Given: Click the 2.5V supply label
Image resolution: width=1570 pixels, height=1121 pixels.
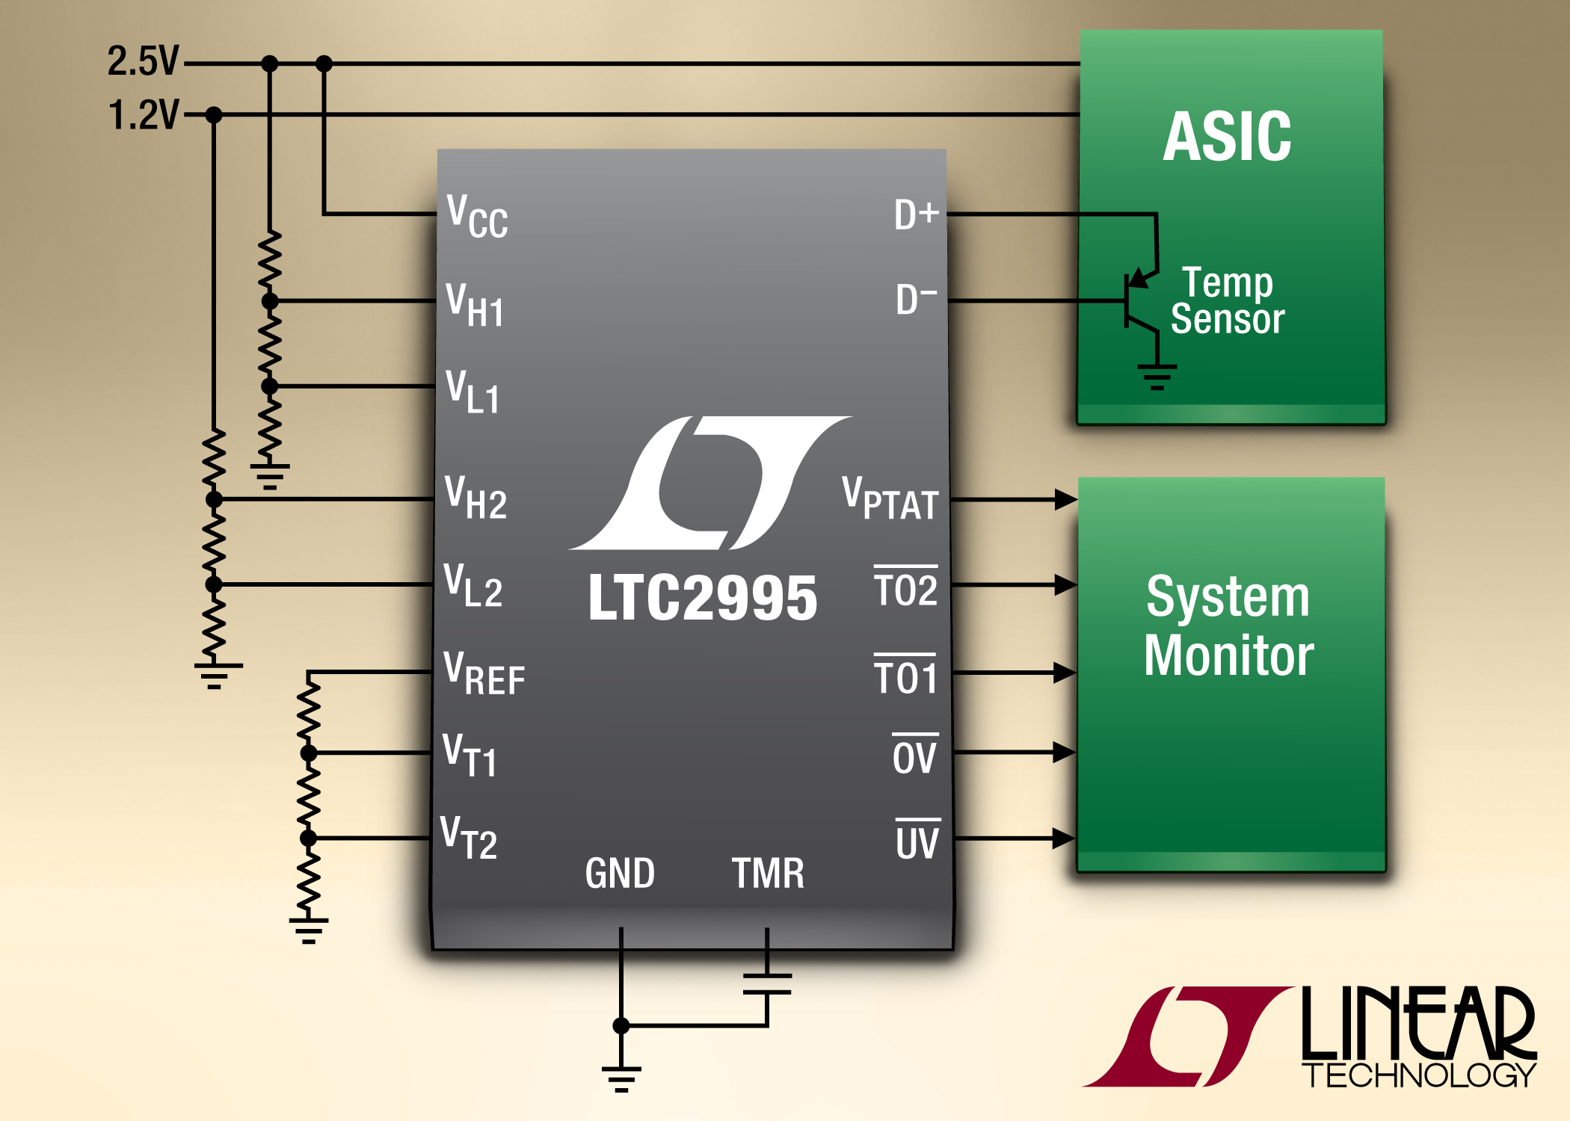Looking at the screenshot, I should click(x=143, y=61).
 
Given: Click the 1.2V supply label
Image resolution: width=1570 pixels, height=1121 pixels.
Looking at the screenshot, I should click(x=144, y=115).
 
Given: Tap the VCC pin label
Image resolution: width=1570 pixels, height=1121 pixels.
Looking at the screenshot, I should click(x=477, y=217).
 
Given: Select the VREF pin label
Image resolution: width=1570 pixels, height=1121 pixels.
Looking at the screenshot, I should click(x=484, y=674).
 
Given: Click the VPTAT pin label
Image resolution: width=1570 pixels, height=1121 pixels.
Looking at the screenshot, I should click(x=890, y=498).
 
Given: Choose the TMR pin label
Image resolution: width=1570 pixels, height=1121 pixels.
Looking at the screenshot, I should click(x=768, y=873).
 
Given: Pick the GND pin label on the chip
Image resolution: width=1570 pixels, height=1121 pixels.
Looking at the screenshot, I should click(x=620, y=873).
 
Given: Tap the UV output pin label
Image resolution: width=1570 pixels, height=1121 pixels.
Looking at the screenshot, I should click(x=917, y=841).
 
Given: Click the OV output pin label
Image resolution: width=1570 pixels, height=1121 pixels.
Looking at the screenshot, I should click(x=914, y=756).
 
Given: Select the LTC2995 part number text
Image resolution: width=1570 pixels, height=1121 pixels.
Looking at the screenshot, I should click(x=702, y=598).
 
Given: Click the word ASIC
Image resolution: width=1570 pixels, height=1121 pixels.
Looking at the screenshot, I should click(x=1227, y=137).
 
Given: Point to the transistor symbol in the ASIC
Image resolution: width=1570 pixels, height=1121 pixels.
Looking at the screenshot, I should click(x=1139, y=302).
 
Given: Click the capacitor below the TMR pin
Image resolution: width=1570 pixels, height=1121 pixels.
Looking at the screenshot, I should click(x=767, y=983).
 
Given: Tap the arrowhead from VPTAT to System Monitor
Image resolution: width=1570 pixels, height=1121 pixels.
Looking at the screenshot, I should click(x=1065, y=499).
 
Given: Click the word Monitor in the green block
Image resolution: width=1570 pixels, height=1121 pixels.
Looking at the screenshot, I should click(x=1228, y=655).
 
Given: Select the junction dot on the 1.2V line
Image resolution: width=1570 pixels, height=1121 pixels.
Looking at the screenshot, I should click(x=214, y=115).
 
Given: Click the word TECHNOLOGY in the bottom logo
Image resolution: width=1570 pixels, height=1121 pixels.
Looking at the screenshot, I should click(x=1419, y=1075).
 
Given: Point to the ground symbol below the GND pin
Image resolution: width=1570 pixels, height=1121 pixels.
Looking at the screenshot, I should click(x=621, y=1078).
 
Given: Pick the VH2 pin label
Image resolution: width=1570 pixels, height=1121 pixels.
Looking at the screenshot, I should click(x=476, y=498).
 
